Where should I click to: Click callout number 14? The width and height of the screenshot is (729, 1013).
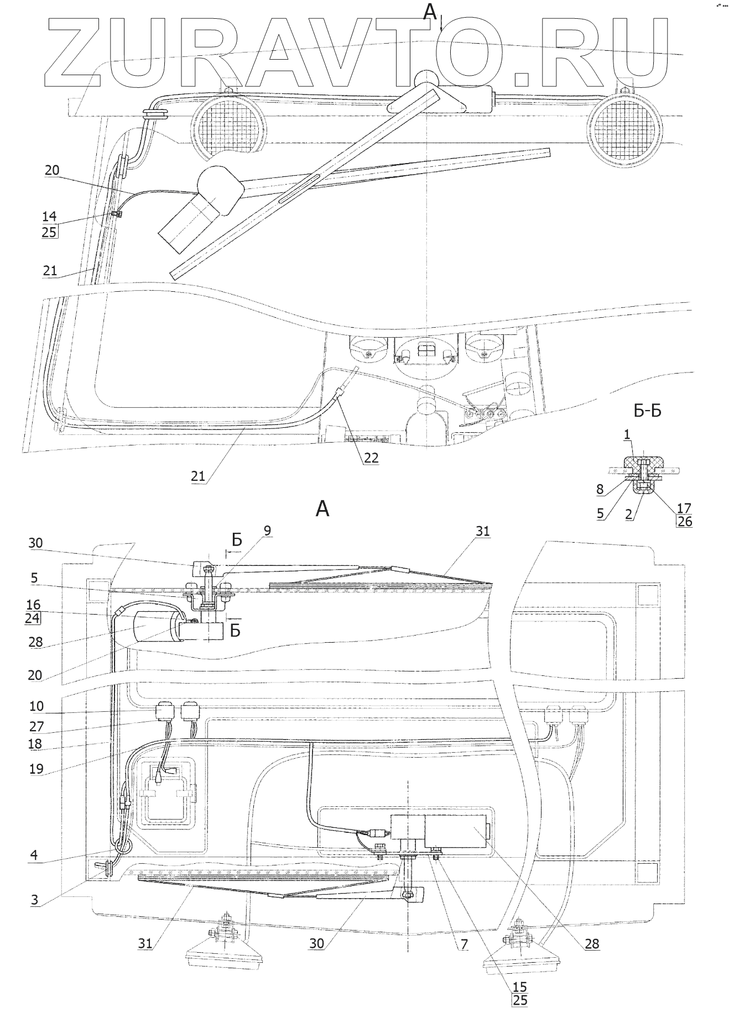[49, 216]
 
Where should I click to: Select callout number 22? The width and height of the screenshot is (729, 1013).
[371, 458]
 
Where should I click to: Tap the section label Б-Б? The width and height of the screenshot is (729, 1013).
[647, 411]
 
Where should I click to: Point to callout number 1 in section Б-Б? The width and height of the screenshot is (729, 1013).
[627, 435]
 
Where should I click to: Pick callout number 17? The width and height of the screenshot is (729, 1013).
[684, 507]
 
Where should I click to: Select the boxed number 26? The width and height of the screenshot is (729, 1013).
[684, 521]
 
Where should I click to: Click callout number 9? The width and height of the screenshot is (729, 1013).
[267, 531]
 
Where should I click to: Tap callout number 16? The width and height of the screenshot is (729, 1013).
[33, 605]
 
